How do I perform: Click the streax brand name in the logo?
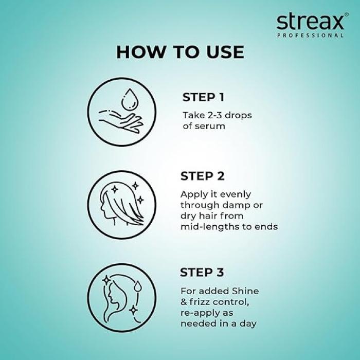pyautogui.click(x=310, y=22)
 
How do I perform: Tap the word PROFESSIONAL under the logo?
pyautogui.click(x=310, y=35)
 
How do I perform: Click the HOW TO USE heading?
pyautogui.click(x=180, y=52)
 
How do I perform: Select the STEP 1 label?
pyautogui.click(x=203, y=97)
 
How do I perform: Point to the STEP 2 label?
pyautogui.click(x=203, y=176)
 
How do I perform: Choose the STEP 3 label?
pyautogui.click(x=202, y=273)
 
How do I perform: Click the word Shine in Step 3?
pyautogui.click(x=245, y=291)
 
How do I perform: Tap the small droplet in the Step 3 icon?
pyautogui.click(x=138, y=286)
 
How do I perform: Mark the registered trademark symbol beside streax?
pyautogui.click(x=347, y=14)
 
